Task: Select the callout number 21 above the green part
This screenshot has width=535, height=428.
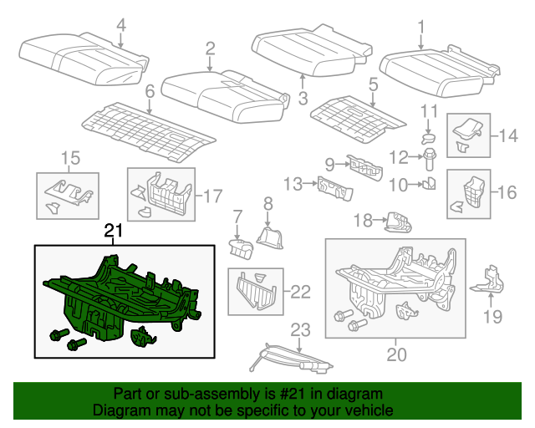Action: pos(113,231)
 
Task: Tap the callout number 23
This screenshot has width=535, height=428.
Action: pos(300,329)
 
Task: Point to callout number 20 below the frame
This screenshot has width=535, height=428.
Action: pos(396,354)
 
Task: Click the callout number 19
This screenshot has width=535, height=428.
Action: pos(493,316)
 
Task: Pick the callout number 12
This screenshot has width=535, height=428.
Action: pos(401,156)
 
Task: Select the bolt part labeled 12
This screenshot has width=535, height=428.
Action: pos(430,156)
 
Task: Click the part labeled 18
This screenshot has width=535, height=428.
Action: pos(400,222)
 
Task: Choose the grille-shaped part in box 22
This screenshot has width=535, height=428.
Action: pos(255,292)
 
